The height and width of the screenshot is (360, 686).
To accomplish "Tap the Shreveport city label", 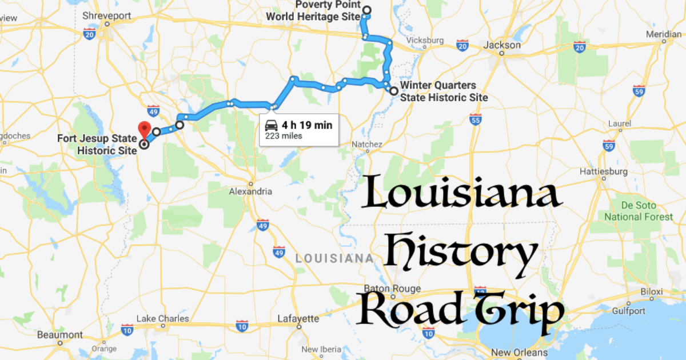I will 107,15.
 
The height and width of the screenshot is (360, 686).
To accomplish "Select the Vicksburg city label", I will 424,41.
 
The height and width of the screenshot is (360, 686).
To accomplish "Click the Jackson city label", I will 502,45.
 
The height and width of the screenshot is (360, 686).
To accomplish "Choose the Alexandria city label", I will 250,191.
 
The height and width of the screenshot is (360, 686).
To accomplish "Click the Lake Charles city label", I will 163,318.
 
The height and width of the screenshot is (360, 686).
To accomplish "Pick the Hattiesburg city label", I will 604,171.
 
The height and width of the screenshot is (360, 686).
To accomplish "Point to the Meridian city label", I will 663,34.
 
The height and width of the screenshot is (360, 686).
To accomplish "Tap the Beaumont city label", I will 60,335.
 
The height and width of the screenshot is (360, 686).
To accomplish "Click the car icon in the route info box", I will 272,126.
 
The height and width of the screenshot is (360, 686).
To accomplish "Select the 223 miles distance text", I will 283,136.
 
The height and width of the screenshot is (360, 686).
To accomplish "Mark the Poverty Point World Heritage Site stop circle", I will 366,10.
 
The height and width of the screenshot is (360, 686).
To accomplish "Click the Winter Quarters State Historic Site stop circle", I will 394,91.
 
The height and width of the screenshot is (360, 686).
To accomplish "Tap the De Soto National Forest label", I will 639,211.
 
